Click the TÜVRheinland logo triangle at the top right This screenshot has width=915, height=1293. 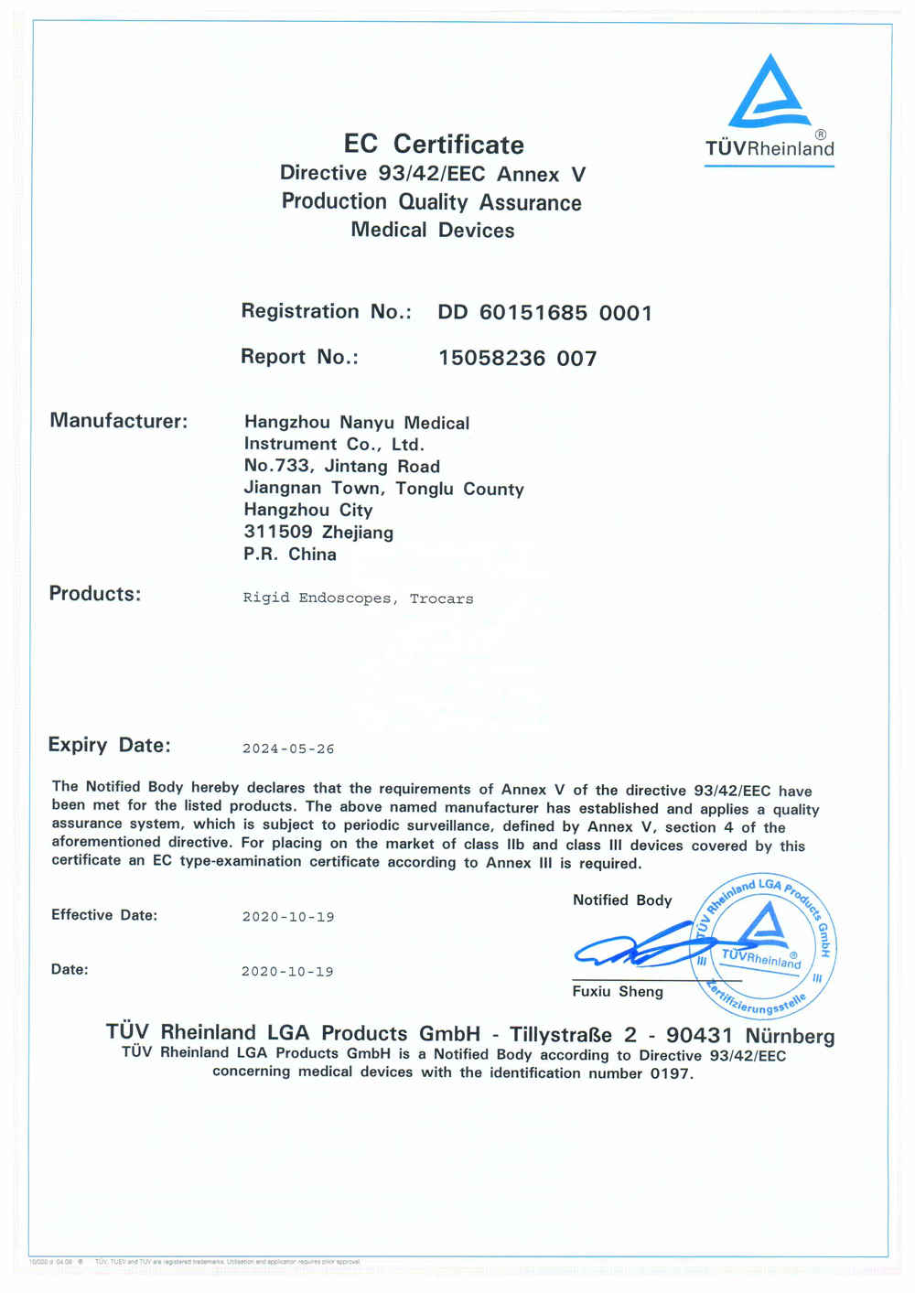(770, 92)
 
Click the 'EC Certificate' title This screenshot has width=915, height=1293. (434, 145)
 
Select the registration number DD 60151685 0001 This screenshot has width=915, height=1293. (544, 313)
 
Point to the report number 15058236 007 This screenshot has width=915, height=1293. (517, 358)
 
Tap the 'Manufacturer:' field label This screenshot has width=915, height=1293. (118, 421)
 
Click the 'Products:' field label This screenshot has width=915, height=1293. (95, 594)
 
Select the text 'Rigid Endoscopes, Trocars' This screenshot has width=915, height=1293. (358, 598)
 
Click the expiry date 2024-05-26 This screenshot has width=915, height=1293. (288, 749)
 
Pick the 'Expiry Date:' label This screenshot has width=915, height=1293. (109, 745)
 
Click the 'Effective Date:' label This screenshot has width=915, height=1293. (104, 915)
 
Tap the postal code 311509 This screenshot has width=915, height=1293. (278, 532)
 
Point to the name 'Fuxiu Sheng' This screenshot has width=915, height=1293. (618, 992)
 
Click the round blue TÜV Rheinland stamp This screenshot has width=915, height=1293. (763, 947)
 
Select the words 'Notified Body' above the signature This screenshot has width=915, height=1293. (622, 900)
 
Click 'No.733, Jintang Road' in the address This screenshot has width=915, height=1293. (341, 466)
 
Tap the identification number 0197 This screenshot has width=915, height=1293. (670, 1073)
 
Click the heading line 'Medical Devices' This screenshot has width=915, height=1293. (433, 230)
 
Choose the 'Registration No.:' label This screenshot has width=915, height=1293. (326, 312)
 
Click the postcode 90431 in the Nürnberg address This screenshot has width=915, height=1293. (699, 1036)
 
